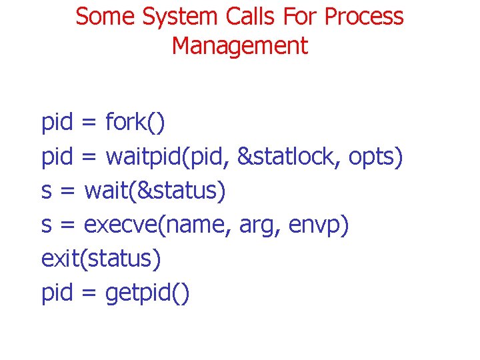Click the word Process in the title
(364, 17)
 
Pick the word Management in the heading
(240, 46)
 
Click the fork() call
(135, 123)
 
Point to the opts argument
(374, 157)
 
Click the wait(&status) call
(155, 191)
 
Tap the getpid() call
(147, 293)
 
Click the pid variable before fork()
(57, 123)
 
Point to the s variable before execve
(47, 225)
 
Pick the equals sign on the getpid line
(89, 293)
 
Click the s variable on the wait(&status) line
(47, 191)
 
